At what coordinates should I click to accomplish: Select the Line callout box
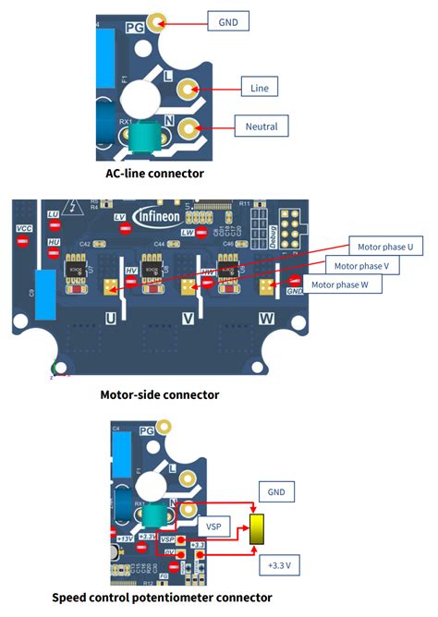pyautogui.click(x=260, y=87)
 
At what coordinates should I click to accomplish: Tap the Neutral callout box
pyautogui.click(x=262, y=125)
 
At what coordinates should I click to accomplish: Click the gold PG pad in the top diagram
pyautogui.click(x=158, y=20)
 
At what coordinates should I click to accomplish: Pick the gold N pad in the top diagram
pyautogui.click(x=189, y=127)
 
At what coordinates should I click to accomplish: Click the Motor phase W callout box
pyautogui.click(x=345, y=285)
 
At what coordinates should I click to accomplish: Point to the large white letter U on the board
pyautogui.click(x=110, y=318)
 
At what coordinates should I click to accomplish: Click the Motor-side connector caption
pyautogui.click(x=160, y=394)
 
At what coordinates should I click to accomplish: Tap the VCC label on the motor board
pyautogui.click(x=23, y=224)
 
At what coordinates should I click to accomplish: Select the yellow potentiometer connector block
pyautogui.click(x=257, y=527)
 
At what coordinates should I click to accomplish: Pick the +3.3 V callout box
pyautogui.click(x=278, y=562)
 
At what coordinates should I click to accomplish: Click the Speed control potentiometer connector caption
pyautogui.click(x=162, y=598)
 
